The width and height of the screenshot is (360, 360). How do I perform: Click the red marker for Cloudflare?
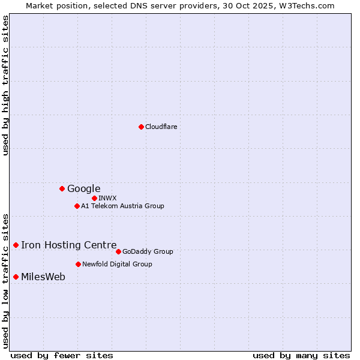tap(141, 127)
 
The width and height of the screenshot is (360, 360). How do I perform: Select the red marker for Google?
tap(62, 188)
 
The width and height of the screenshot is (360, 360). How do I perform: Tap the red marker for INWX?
tap(94, 198)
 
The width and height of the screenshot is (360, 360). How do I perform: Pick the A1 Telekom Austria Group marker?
tap(77, 206)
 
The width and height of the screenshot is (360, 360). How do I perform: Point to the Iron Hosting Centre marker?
tap(16, 245)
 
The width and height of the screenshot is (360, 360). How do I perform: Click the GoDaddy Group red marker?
tap(118, 251)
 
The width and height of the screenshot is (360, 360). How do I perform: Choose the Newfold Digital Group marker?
tap(78, 264)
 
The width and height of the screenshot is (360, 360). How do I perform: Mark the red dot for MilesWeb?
tap(16, 277)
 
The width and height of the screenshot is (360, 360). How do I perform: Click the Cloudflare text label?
tap(161, 127)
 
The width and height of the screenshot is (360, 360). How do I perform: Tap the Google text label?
tap(84, 189)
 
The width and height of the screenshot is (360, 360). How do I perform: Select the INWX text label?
tap(107, 198)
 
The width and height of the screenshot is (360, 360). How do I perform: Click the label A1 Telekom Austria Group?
tap(122, 206)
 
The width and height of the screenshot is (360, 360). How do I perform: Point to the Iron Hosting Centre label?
tap(69, 245)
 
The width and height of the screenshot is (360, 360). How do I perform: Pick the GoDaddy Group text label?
tap(148, 251)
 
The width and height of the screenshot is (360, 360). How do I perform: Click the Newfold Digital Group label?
tap(117, 264)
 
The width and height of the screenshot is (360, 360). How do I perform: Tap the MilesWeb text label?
tap(43, 277)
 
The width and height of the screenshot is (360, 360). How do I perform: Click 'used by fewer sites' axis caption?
tap(62, 355)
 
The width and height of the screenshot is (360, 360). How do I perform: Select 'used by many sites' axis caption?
tap(301, 355)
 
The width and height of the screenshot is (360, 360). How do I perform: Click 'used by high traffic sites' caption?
tap(5, 85)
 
